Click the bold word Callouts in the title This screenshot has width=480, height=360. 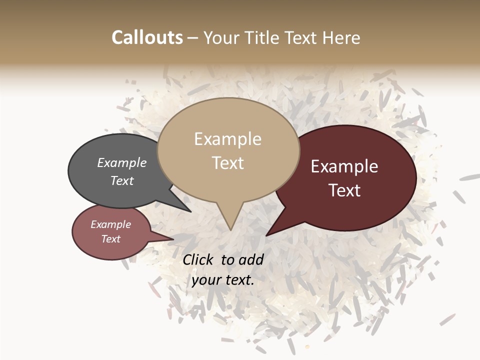click(x=147, y=38)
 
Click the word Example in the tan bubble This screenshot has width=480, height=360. click(x=227, y=139)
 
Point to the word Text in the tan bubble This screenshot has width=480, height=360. click(x=227, y=163)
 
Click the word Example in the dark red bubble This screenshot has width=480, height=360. click(x=344, y=166)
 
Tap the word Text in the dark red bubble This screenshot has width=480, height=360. click(x=344, y=190)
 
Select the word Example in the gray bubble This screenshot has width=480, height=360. click(x=122, y=163)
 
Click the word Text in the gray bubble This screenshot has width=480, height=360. click(x=122, y=181)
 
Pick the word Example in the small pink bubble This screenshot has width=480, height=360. click(x=110, y=224)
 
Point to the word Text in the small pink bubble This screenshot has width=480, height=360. click(x=110, y=239)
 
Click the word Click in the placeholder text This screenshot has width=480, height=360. click(x=199, y=259)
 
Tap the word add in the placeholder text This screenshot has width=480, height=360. click(x=251, y=259)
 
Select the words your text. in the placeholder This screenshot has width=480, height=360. click(x=223, y=280)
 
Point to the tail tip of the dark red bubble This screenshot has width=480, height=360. click(x=266, y=235)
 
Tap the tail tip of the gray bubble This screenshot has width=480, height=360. click(x=190, y=212)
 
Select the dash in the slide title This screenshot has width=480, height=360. click(x=193, y=38)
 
